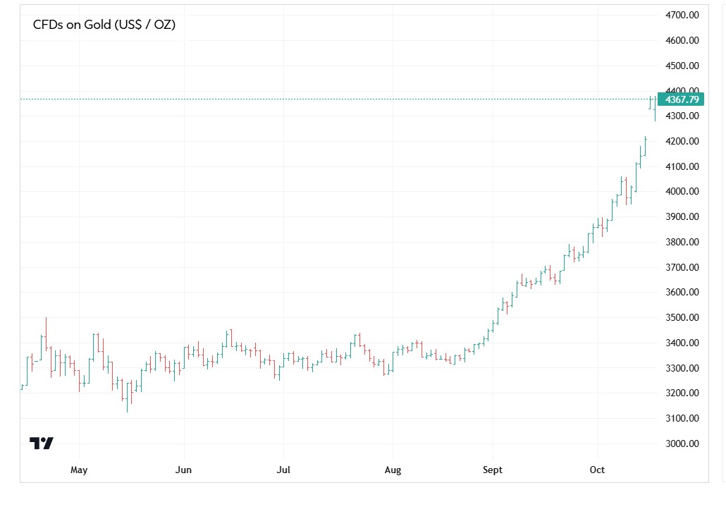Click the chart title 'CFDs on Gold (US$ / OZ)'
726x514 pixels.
pyautogui.click(x=104, y=25)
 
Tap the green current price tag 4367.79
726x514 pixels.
pyautogui.click(x=681, y=99)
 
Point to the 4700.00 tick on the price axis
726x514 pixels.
pyautogui.click(x=682, y=15)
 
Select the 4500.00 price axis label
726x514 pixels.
pyautogui.click(x=682, y=66)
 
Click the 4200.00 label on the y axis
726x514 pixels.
pyautogui.click(x=682, y=141)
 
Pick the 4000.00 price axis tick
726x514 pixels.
pyautogui.click(x=682, y=192)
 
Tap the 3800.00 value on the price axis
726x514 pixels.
pyautogui.click(x=682, y=242)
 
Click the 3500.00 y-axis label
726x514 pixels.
pyautogui.click(x=682, y=317)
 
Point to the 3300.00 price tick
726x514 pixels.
pyautogui.click(x=682, y=368)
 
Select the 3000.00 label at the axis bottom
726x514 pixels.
pyautogui.click(x=682, y=443)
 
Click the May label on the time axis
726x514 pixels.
pyautogui.click(x=79, y=470)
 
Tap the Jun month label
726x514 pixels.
pyautogui.click(x=183, y=470)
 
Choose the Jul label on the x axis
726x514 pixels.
pyautogui.click(x=283, y=470)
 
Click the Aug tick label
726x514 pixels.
pyautogui.click(x=393, y=470)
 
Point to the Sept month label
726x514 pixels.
pyautogui.click(x=493, y=470)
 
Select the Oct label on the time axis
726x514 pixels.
pyautogui.click(x=598, y=470)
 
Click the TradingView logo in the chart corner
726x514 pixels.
pyautogui.click(x=42, y=443)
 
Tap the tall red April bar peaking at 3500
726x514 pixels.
pyautogui.click(x=47, y=335)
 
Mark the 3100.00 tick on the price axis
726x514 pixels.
pyautogui.click(x=682, y=418)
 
